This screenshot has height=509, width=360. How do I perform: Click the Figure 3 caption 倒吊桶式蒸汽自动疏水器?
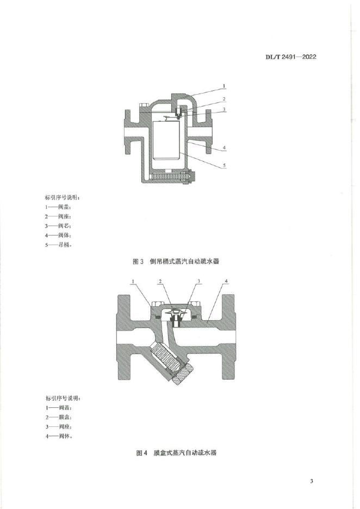(x=179, y=262)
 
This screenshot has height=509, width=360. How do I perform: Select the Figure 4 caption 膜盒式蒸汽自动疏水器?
(x=179, y=452)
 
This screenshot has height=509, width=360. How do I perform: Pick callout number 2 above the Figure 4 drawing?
(x=160, y=281)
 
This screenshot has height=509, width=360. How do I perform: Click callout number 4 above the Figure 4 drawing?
(x=227, y=281)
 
